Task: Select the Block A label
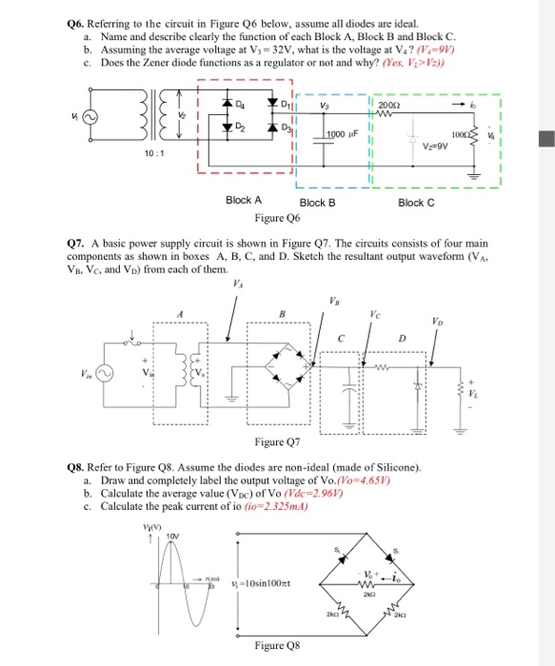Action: click(x=245, y=201)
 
